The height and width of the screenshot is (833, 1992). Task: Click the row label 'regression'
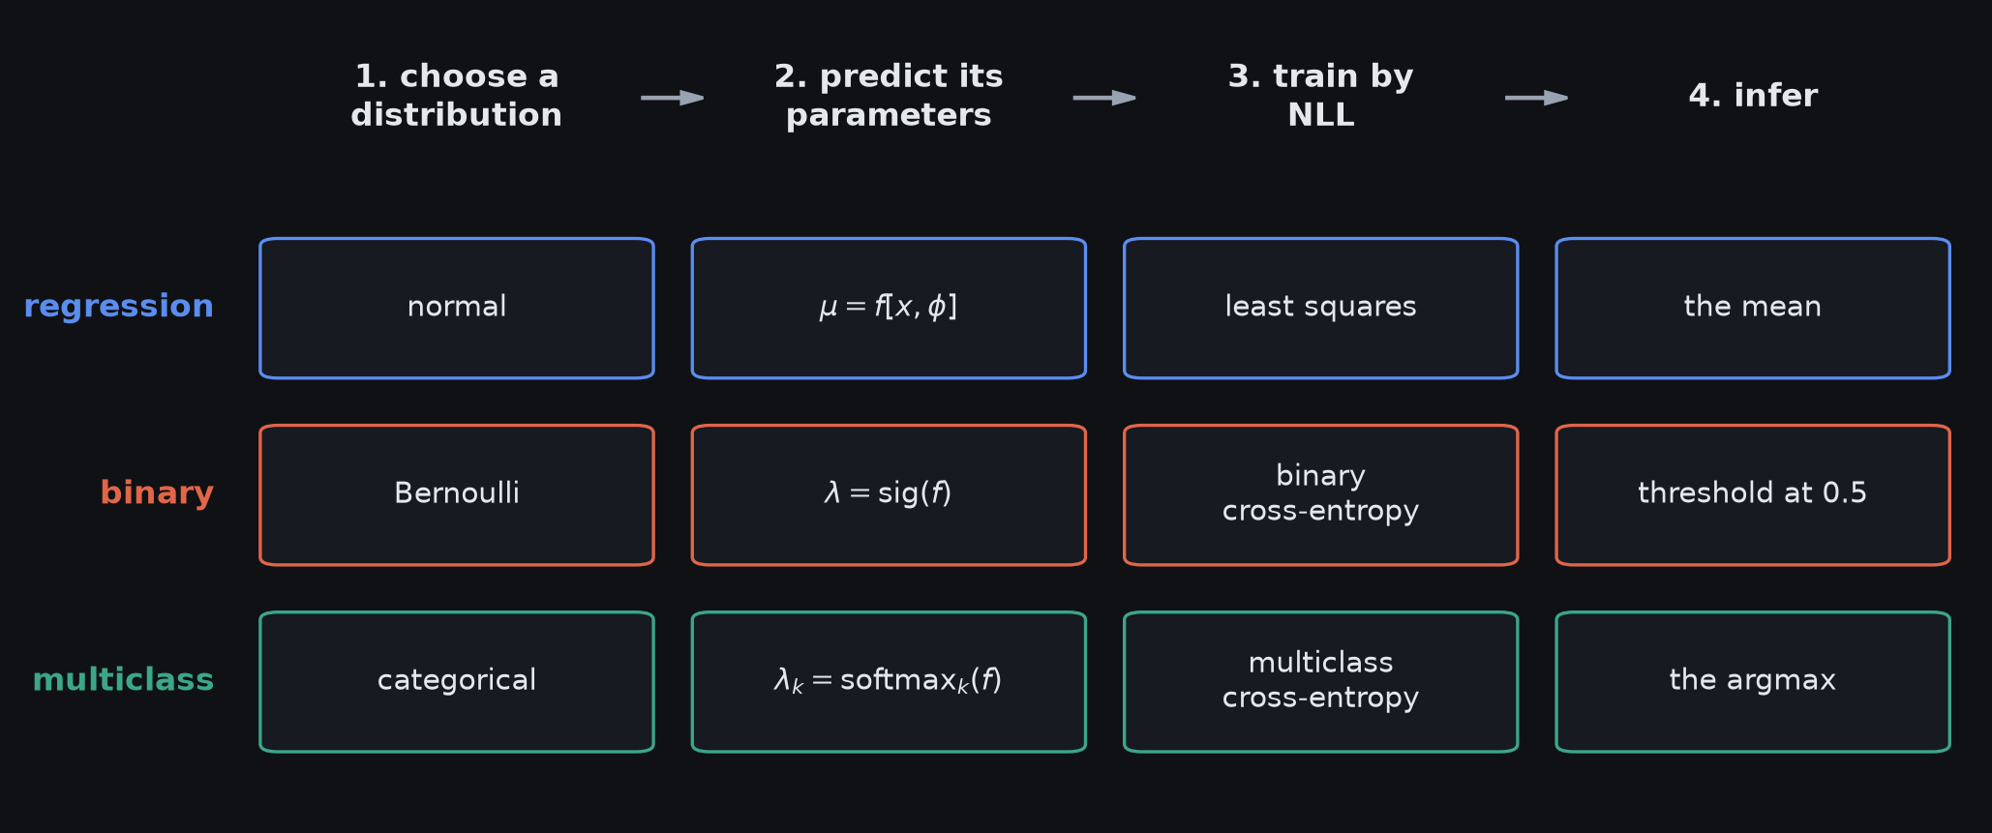[x=118, y=307]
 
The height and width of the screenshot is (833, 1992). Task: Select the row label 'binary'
[x=157, y=493]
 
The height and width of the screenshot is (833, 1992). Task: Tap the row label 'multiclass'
[x=123, y=680]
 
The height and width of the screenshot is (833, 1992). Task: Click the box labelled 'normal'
[x=457, y=308]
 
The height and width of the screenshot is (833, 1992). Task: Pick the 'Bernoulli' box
[x=457, y=494]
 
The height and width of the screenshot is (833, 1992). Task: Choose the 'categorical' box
[x=457, y=681]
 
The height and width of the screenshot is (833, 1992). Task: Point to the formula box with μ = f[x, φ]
[x=889, y=308]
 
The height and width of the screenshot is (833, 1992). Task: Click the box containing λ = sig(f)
[x=889, y=494]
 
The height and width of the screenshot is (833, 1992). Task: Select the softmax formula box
[x=889, y=681]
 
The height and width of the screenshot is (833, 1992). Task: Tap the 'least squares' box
[x=1320, y=308]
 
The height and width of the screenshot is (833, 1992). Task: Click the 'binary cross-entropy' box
[x=1320, y=494]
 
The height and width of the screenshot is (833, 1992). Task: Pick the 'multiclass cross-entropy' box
[x=1320, y=681]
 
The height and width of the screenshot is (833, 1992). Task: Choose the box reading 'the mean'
[x=1753, y=308]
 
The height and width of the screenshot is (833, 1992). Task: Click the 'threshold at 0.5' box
[x=1753, y=494]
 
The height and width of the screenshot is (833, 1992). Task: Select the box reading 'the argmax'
[x=1753, y=681]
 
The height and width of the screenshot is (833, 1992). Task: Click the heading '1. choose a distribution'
[x=457, y=96]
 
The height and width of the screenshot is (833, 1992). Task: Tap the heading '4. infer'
[x=1753, y=96]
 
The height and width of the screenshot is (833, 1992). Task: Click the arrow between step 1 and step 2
[x=673, y=98]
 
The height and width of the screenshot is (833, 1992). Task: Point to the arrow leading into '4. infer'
[x=1536, y=98]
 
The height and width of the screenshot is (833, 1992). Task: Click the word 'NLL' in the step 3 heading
[x=1320, y=115]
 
